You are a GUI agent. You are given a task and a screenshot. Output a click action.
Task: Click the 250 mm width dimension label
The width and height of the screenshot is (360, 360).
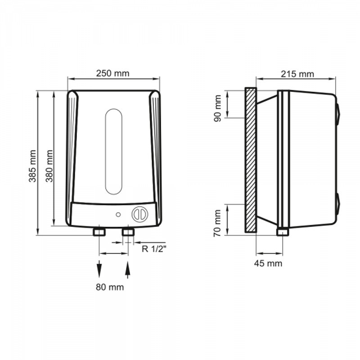point(113,73)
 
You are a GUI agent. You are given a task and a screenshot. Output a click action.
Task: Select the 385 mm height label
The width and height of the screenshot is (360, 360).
point(32,166)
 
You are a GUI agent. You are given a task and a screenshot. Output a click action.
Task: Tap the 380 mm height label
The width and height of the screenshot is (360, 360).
point(49,166)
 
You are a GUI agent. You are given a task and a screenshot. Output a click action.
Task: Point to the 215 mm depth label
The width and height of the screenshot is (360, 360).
point(297,74)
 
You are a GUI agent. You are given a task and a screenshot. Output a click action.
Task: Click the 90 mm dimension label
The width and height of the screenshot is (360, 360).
point(217,108)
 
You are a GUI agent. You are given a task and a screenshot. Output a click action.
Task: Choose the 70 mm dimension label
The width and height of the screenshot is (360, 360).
point(217,223)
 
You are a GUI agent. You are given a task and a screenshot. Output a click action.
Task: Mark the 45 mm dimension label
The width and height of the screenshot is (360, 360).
point(268,263)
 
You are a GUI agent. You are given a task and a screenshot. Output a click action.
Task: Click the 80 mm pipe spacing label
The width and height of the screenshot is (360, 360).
point(110,287)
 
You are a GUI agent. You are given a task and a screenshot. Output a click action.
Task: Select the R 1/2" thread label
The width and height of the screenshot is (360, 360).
point(153,249)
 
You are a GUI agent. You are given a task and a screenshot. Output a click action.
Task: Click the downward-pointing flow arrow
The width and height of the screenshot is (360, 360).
point(99,269)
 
